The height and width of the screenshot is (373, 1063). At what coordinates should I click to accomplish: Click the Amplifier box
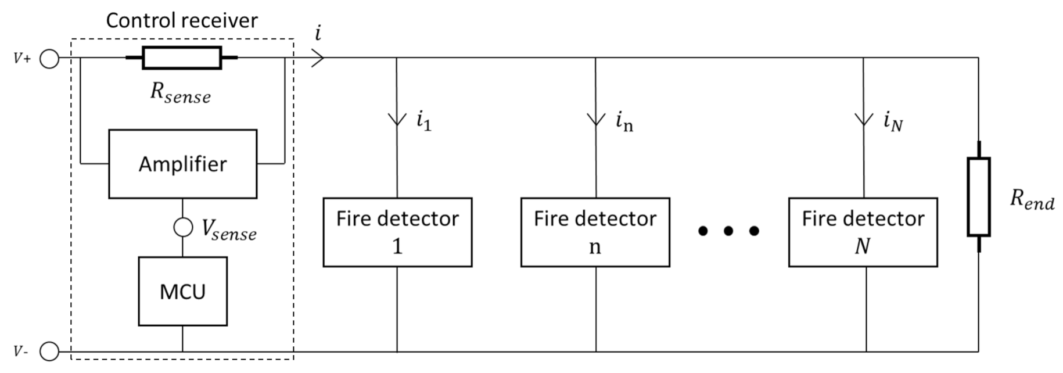[182, 164]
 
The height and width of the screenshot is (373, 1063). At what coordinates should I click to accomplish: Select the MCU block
[182, 291]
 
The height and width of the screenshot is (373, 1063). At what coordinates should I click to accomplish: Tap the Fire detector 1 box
[397, 232]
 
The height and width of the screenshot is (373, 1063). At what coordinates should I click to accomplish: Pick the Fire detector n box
[595, 232]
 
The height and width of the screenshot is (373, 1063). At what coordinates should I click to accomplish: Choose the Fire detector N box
[863, 232]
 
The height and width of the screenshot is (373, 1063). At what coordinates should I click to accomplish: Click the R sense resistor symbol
[182, 58]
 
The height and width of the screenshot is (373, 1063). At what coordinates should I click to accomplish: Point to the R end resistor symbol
[979, 197]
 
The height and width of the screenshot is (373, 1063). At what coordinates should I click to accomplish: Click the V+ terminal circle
[49, 59]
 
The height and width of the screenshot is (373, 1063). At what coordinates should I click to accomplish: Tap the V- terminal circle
[49, 352]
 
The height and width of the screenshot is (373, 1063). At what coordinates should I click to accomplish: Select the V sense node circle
[183, 227]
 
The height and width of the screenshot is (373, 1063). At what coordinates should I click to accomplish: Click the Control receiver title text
[182, 21]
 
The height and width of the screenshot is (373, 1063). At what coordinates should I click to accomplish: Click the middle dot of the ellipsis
[728, 231]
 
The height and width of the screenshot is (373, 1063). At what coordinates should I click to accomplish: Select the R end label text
[1032, 199]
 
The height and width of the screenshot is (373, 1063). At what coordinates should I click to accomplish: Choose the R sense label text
[180, 92]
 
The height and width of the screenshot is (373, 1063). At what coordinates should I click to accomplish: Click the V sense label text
[228, 230]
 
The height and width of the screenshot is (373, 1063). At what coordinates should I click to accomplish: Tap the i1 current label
[423, 121]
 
